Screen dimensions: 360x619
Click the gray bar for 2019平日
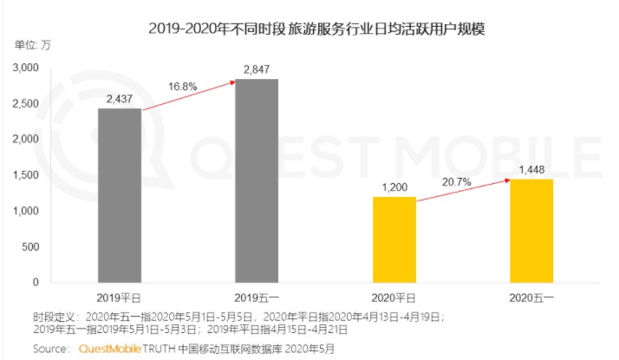(x=119, y=195)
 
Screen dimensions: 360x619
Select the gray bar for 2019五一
(x=257, y=180)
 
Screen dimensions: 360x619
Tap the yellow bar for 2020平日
(x=394, y=239)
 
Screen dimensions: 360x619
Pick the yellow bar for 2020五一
(x=531, y=231)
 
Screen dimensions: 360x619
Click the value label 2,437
(x=119, y=99)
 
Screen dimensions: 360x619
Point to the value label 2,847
(x=257, y=69)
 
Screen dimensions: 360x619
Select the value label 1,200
(x=394, y=187)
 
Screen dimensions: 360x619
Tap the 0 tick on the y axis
(x=36, y=282)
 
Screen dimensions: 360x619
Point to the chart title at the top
(x=316, y=29)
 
